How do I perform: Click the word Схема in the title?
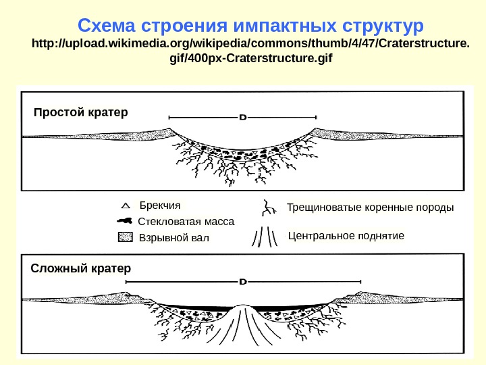pyautogui.click(x=107, y=26)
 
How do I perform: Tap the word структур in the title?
pyautogui.click(x=381, y=26)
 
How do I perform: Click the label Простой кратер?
pyautogui.click(x=80, y=111)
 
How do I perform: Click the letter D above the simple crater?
pyautogui.click(x=242, y=117)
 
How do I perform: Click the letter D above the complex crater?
pyautogui.click(x=242, y=281)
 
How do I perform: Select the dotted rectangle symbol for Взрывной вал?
pyautogui.click(x=125, y=237)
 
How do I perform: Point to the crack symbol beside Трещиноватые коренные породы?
pyautogui.click(x=268, y=207)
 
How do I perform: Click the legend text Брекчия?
pyautogui.click(x=160, y=205)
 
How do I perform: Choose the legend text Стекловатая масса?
pyautogui.click(x=186, y=221)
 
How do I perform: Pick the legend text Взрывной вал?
pyautogui.click(x=173, y=238)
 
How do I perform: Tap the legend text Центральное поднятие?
pyautogui.click(x=346, y=236)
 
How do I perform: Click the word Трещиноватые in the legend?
pyautogui.click(x=321, y=207)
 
